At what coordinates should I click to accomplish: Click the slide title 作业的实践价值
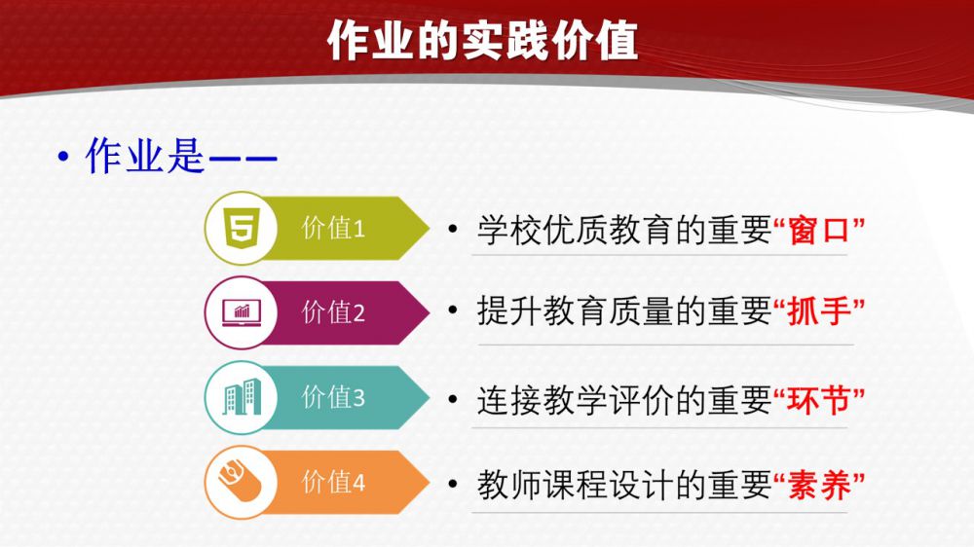click(483, 41)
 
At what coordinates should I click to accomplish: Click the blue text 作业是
click(145, 156)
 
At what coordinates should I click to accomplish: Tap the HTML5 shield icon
click(242, 229)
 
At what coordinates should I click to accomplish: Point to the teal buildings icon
click(242, 397)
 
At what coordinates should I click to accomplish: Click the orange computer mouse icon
click(240, 481)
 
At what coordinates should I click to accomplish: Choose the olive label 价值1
click(333, 229)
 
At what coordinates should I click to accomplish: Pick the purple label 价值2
click(333, 312)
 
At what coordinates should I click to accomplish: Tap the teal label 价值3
click(333, 397)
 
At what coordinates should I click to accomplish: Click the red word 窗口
click(819, 231)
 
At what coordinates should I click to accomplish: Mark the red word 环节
click(819, 400)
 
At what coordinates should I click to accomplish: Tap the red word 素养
click(819, 486)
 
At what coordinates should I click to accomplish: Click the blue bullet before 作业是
click(62, 158)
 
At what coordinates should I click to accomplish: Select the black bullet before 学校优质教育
click(452, 229)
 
